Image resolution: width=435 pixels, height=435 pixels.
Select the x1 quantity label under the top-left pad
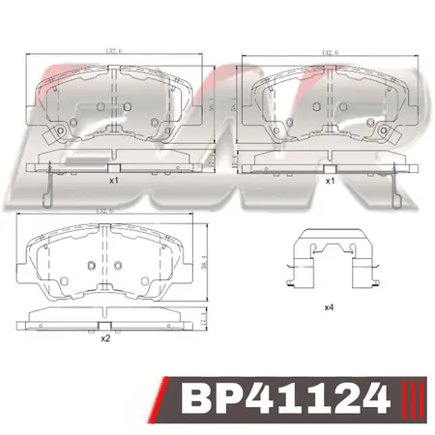point(113,181)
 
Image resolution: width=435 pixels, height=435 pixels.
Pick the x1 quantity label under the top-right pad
point(330,181)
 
